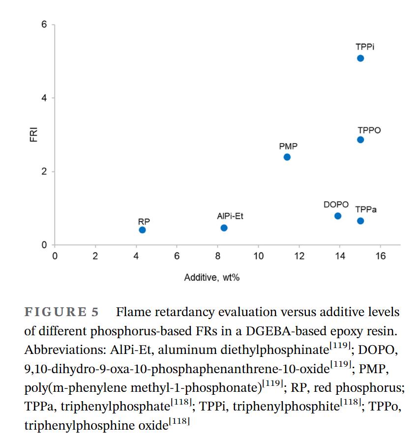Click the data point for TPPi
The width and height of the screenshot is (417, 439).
pos(360,59)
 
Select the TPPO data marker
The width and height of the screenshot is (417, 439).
pos(360,140)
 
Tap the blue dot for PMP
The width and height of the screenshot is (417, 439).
pos(287,157)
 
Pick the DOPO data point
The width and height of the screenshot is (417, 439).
pos(338,216)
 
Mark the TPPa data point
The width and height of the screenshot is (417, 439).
pos(360,221)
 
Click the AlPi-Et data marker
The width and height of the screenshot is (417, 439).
pos(224,228)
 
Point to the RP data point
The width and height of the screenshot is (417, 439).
pos(143,230)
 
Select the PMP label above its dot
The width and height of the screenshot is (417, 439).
pos(288,146)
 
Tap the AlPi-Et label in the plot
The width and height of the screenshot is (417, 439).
pos(230,216)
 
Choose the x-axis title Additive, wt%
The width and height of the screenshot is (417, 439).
pos(212,278)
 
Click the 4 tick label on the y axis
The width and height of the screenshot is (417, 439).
pos(44,98)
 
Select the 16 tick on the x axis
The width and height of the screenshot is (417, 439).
pos(380,256)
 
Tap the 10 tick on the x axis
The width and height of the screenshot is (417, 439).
pos(258,256)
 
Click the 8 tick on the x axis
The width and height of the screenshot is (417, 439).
pos(217,256)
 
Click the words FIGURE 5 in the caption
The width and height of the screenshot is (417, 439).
pos(62,312)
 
